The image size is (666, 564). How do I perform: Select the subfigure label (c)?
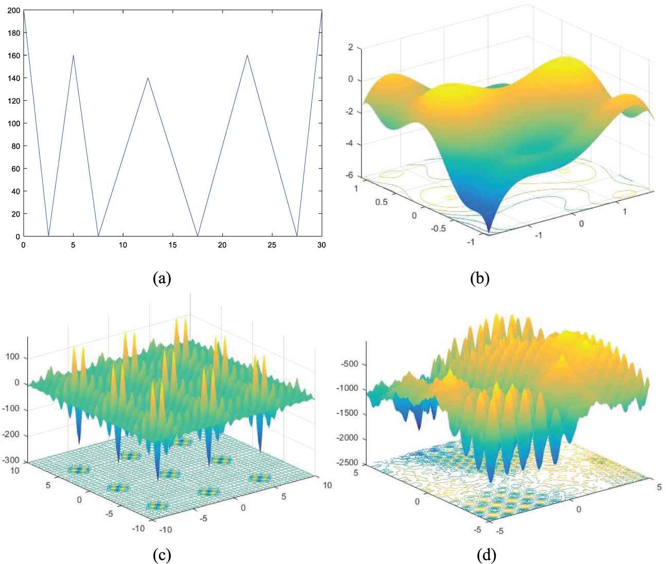pos(161,555)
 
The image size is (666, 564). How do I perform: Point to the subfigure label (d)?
pos(487,555)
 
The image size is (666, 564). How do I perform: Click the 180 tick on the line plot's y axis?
pos(14,33)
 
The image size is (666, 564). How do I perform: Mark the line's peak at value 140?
pos(148,78)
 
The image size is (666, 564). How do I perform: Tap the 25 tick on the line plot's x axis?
pos(272,245)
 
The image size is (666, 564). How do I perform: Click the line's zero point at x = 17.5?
pos(198,236)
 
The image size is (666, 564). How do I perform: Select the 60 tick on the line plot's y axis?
pos(15,169)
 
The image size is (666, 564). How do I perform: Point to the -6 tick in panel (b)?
pos(350,175)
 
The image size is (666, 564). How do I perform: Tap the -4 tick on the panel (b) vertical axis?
pos(350,143)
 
